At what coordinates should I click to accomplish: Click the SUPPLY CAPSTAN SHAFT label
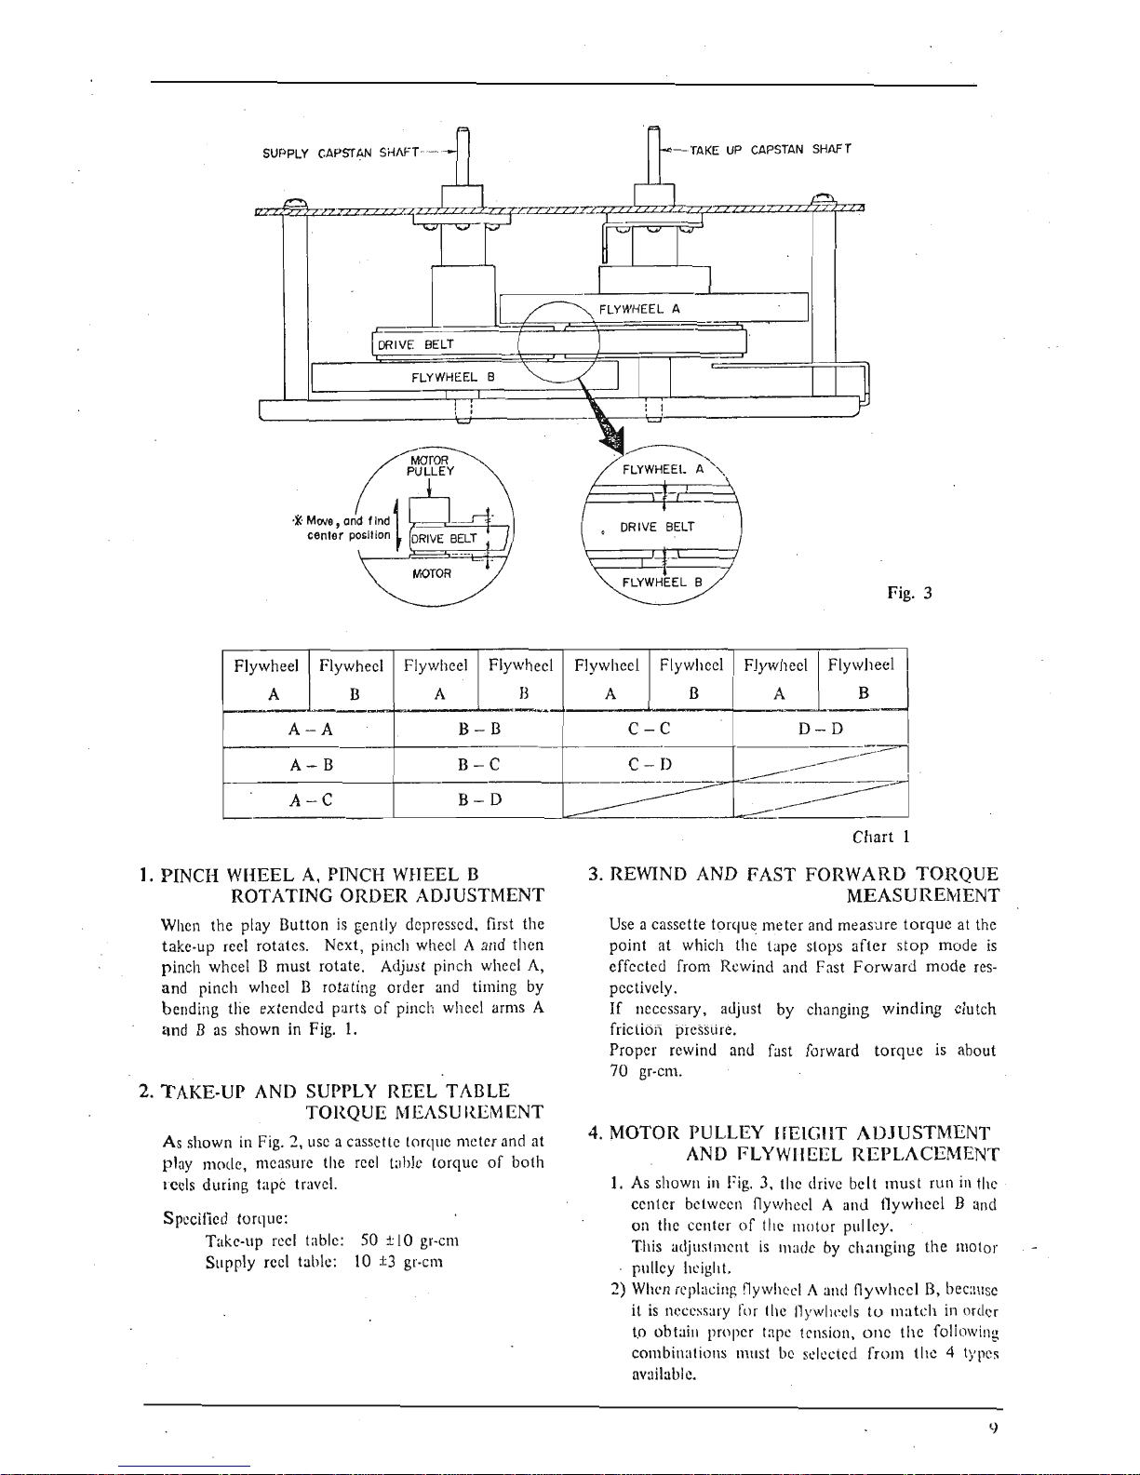point(341,153)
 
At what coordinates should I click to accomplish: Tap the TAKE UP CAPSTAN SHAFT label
point(771,149)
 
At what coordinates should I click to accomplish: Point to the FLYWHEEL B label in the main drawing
point(452,377)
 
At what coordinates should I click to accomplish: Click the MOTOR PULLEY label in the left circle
point(430,465)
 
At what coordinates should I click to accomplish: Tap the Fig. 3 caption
point(909,593)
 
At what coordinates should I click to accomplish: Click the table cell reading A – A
point(310,730)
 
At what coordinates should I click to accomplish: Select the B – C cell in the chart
point(478,764)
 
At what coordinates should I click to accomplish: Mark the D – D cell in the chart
point(820,729)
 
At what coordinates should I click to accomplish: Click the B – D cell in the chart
point(479,799)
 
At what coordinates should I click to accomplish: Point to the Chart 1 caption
point(880,837)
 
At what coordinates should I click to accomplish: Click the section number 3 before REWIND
point(595,874)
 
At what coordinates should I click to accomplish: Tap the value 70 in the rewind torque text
point(619,1071)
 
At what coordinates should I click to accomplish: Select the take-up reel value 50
point(369,1240)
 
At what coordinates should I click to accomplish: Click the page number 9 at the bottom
point(994,1426)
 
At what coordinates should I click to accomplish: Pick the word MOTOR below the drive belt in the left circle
point(432,573)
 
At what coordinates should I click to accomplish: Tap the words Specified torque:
point(225,1218)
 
